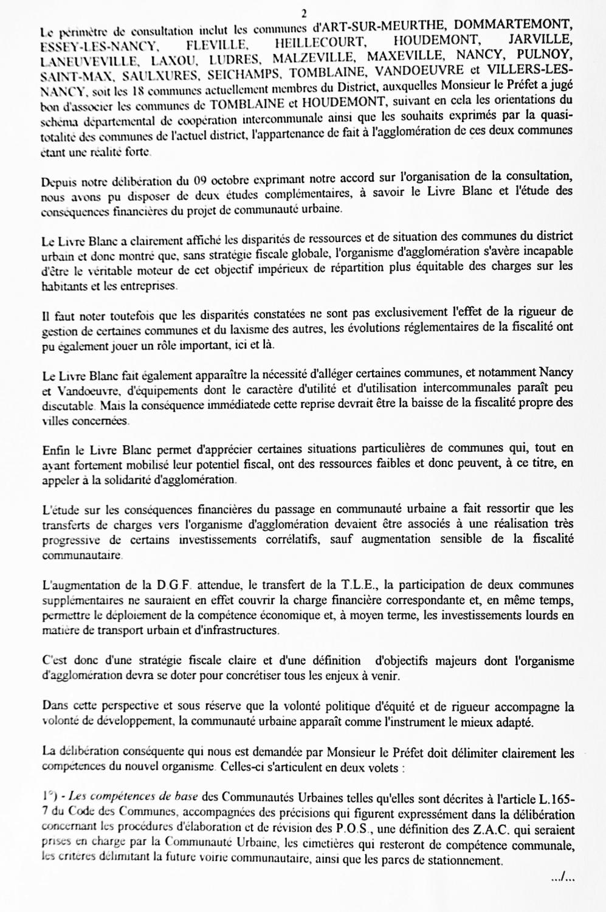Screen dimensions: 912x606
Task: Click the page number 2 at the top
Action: point(302,12)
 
